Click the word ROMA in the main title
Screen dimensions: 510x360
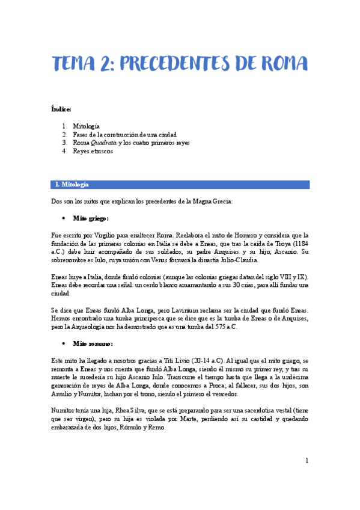point(281,63)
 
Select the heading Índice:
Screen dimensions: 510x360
point(61,109)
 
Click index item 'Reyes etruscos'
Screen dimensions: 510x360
point(93,152)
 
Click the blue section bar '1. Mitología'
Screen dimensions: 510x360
point(180,184)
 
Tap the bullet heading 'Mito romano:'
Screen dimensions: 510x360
point(92,343)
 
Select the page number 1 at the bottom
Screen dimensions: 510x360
point(307,461)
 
